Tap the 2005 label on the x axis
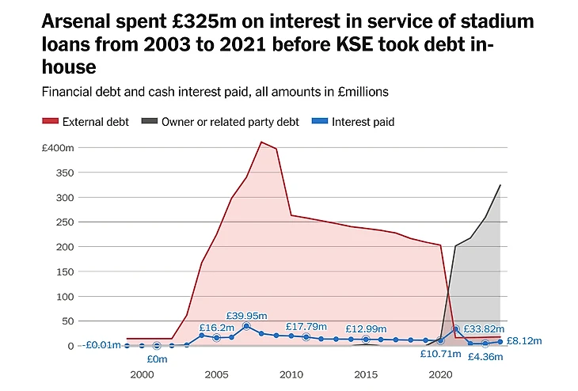[216, 374]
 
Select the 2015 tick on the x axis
[365, 374]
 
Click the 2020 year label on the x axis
[439, 374]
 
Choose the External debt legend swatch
[50, 122]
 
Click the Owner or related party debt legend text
[230, 122]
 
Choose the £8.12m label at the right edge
[524, 341]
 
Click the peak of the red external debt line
[261, 142]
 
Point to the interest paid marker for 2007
[246, 326]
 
